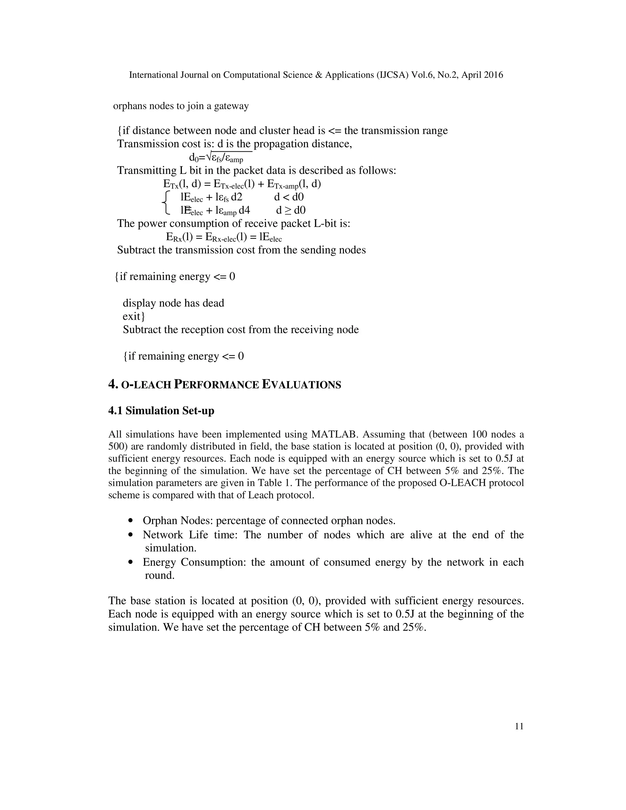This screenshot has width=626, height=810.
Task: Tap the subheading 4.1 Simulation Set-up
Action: coord(161,411)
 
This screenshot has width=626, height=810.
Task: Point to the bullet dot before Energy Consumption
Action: coord(130,562)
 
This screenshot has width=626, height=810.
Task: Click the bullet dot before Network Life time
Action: coord(130,535)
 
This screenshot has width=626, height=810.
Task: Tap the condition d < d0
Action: coord(289,197)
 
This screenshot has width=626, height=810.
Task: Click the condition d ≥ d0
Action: coord(291,210)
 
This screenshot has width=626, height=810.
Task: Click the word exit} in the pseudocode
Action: coord(134,316)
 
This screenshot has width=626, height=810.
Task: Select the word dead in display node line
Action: coord(213,303)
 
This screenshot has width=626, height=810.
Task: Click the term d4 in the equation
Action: coord(244,210)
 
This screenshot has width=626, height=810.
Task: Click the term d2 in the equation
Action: coord(237,197)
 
